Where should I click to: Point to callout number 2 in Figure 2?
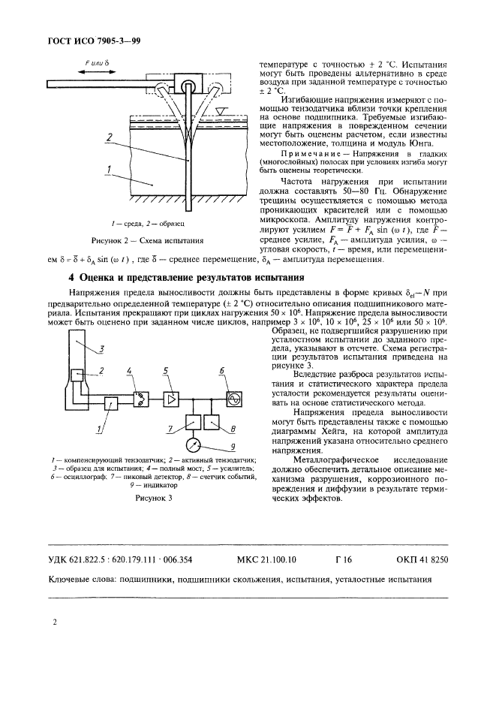tap(109, 137)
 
